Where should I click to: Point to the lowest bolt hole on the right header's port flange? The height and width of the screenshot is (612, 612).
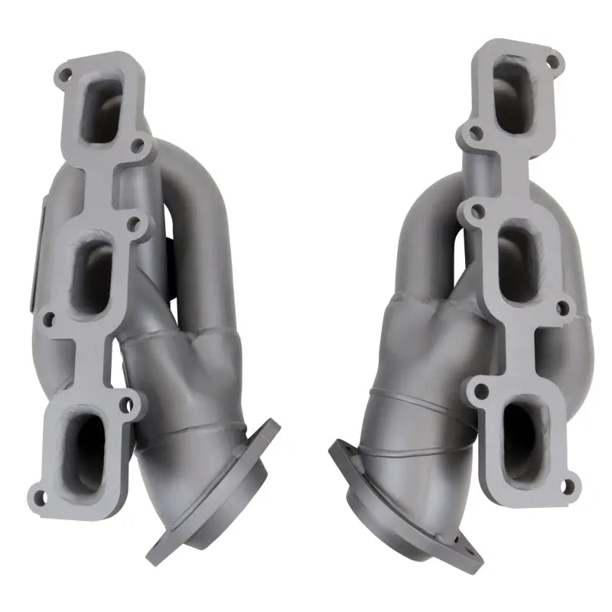click(x=568, y=484)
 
